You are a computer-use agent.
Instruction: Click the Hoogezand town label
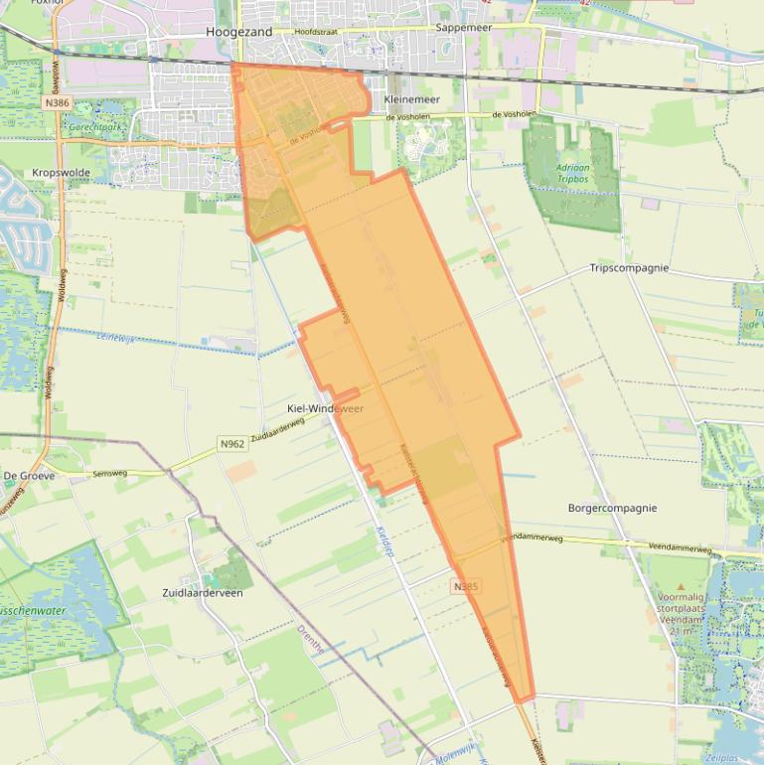coord(239,32)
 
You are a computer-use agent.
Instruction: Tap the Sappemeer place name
coord(464,28)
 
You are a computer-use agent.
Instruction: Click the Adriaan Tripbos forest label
coord(572,174)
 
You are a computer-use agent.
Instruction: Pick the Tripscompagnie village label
coord(629,268)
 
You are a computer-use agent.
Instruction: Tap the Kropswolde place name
coord(61,172)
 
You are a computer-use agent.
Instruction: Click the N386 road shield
coord(58,102)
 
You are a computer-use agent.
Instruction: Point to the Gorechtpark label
coord(94,128)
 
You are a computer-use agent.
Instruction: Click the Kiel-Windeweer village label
coord(325,409)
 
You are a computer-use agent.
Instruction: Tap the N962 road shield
coord(231,443)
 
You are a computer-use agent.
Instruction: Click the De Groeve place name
coord(29,476)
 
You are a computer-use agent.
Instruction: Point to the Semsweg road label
coord(109,474)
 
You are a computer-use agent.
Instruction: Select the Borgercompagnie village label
coord(612,508)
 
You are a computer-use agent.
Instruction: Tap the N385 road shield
coord(466,586)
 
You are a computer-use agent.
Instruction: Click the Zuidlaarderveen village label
coord(202,593)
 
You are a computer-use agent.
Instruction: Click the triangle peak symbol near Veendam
coord(681,587)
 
